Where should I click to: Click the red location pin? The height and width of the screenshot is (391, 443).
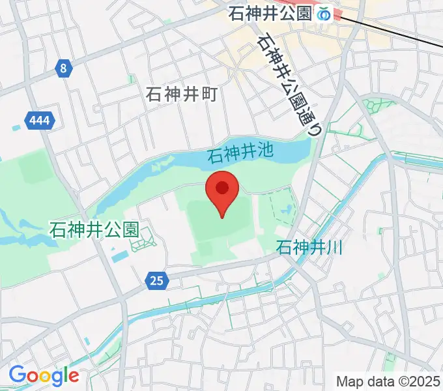pos(222,193)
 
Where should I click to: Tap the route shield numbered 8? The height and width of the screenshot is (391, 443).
pos(63,68)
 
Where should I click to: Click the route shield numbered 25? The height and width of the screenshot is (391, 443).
pos(156,281)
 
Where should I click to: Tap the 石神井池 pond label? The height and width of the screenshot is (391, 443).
pos(239,154)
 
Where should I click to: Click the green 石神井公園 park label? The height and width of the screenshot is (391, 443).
pos(94,229)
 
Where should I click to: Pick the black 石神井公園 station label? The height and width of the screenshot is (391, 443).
pos(270,13)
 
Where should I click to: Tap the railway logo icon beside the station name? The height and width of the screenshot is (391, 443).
pos(324,13)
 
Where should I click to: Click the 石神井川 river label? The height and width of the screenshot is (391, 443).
pos(309,248)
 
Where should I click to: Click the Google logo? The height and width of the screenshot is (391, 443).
pos(44,375)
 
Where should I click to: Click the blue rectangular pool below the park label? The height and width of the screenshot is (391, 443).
pos(119,256)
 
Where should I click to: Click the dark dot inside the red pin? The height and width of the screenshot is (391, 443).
pos(222,188)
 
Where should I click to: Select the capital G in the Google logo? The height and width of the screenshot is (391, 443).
pos(17,375)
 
